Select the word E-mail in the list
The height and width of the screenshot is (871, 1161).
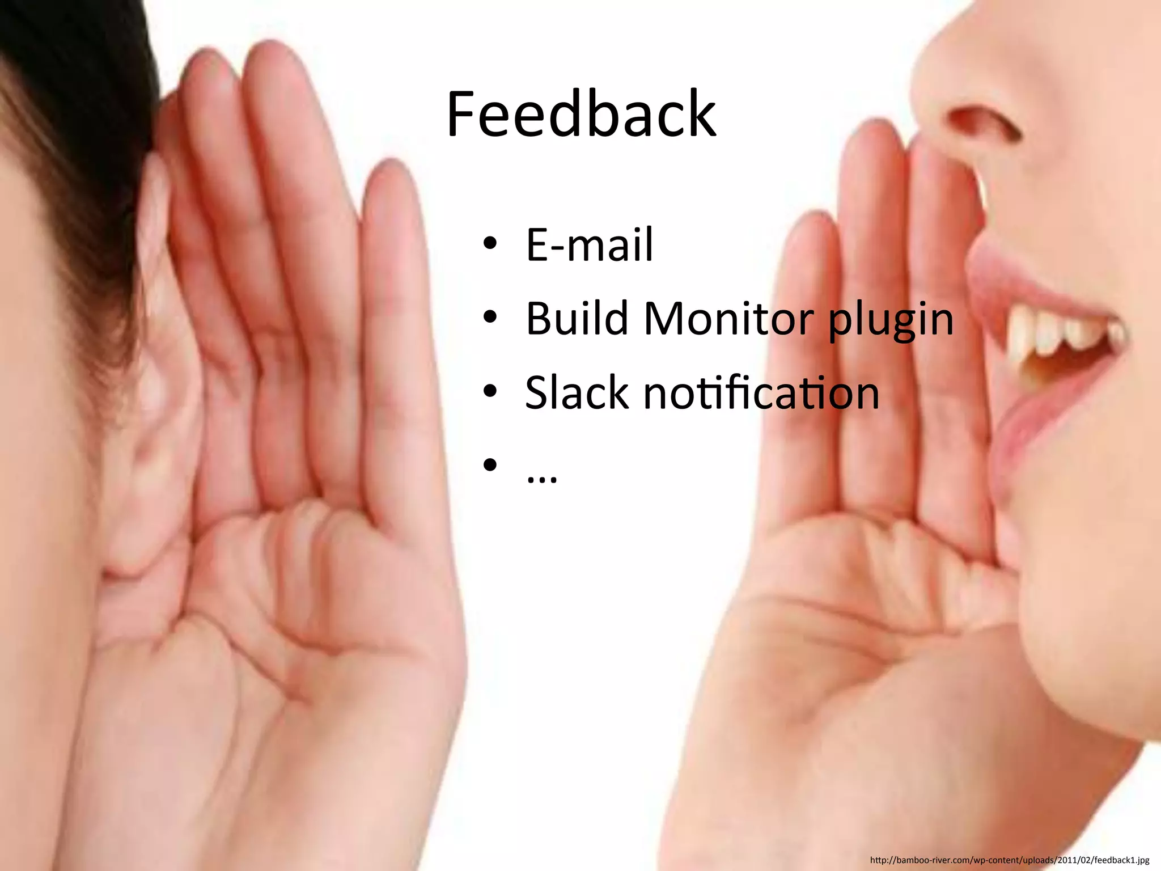(x=590, y=245)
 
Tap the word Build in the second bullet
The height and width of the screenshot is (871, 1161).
(x=577, y=318)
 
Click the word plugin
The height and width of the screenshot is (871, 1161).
(x=891, y=321)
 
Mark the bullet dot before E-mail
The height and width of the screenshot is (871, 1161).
(x=490, y=245)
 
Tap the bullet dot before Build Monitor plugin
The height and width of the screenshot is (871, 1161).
(x=490, y=318)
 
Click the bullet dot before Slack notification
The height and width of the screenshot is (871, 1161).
(x=490, y=392)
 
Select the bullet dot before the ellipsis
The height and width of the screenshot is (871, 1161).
(x=490, y=466)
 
